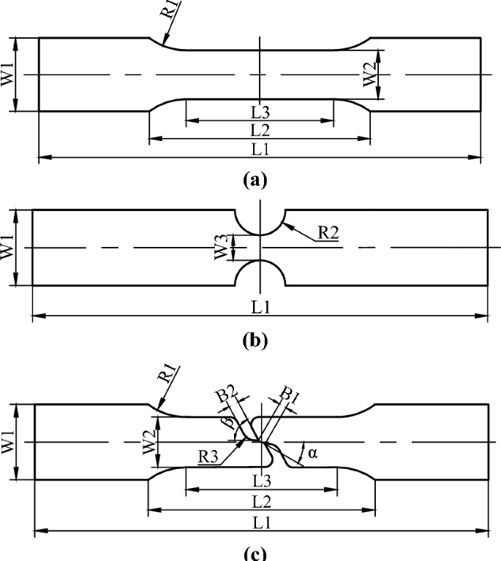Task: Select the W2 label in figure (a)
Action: tap(371, 75)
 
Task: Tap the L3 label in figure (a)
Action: tap(260, 113)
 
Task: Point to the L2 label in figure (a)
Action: tap(260, 130)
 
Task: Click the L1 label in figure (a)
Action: tap(260, 148)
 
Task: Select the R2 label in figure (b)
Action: tap(328, 234)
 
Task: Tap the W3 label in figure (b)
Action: tap(222, 247)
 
